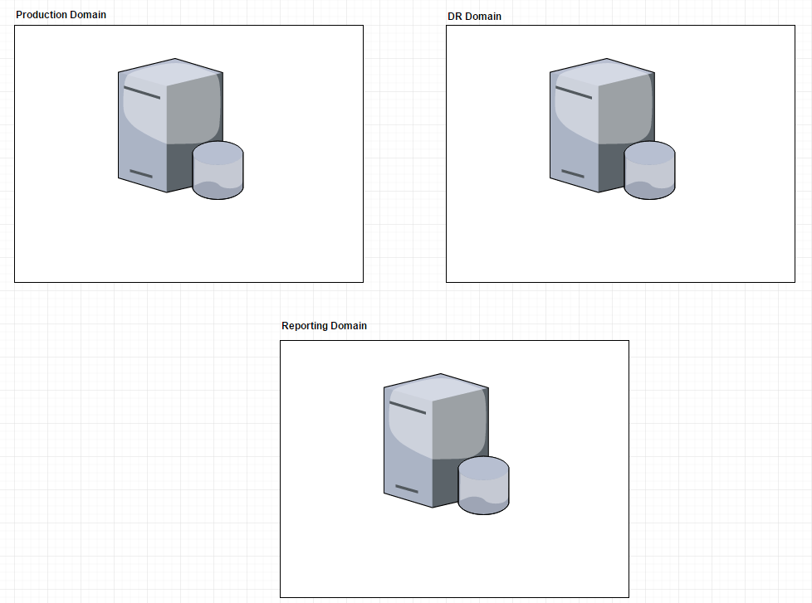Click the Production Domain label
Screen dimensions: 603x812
pyautogui.click(x=61, y=15)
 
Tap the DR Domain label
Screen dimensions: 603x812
pyautogui.click(x=474, y=17)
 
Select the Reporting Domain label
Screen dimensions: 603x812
pyautogui.click(x=324, y=326)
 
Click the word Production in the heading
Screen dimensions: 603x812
pyautogui.click(x=41, y=15)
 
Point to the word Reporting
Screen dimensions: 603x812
pyautogui.click(x=304, y=326)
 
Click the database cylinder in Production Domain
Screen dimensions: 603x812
pyautogui.click(x=218, y=173)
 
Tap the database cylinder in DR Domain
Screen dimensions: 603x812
pyautogui.click(x=649, y=173)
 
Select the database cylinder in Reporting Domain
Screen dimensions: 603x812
pyautogui.click(x=483, y=488)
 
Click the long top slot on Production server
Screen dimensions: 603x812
pyautogui.click(x=141, y=92)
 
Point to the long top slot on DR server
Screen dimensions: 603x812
pyautogui.click(x=573, y=92)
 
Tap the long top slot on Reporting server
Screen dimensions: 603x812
pyautogui.click(x=407, y=407)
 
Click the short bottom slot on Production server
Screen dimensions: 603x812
pyautogui.click(x=141, y=174)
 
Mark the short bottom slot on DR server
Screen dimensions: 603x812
pyautogui.click(x=573, y=174)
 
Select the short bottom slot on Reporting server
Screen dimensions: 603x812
pyautogui.click(x=407, y=489)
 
